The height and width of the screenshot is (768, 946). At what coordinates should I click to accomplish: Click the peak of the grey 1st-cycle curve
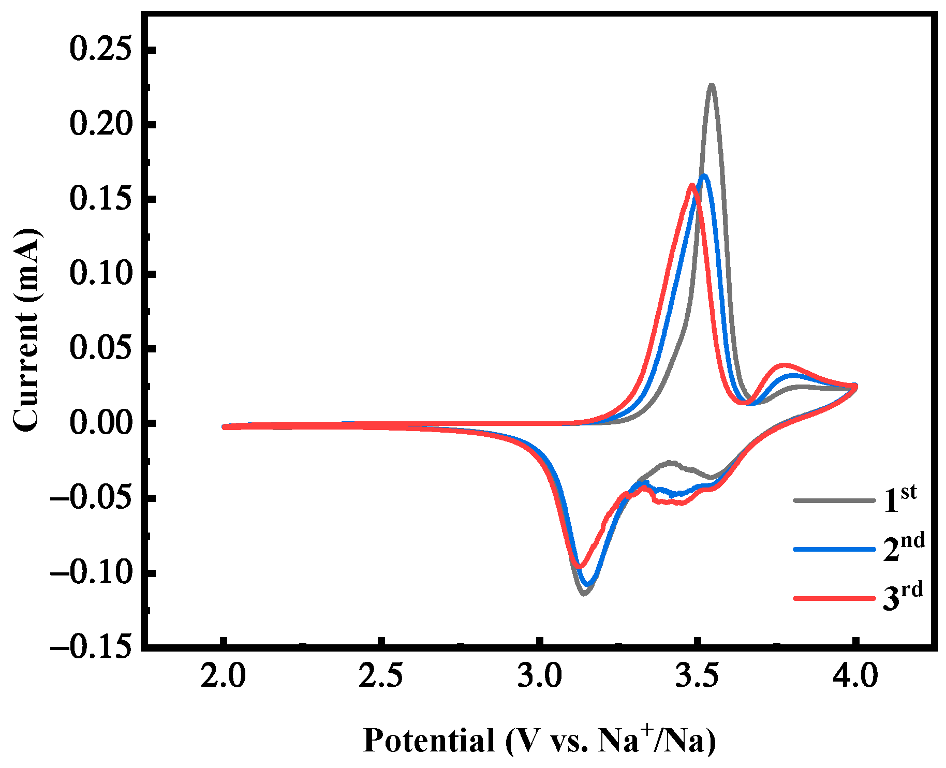tap(712, 85)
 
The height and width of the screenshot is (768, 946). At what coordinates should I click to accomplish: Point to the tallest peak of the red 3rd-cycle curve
tap(691, 185)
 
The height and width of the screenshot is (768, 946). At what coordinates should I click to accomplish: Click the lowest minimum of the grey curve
tap(584, 594)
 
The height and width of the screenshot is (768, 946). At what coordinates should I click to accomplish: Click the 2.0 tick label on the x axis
tap(224, 676)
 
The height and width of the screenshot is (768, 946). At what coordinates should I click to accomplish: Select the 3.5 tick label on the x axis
tap(698, 676)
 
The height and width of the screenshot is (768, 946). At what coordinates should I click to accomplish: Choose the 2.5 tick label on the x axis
tap(381, 676)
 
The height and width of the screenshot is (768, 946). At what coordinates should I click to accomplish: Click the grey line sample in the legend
tap(834, 500)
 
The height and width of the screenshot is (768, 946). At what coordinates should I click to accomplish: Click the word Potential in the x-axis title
tap(429, 741)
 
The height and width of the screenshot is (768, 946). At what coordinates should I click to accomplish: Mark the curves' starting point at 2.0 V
tap(225, 426)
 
